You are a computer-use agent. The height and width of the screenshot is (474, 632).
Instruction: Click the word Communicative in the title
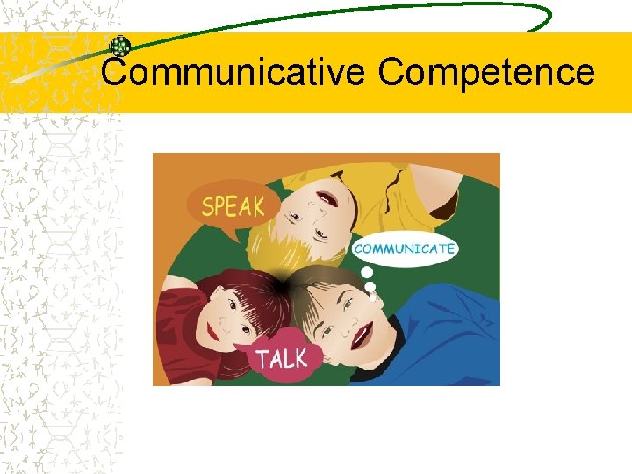pos(232,71)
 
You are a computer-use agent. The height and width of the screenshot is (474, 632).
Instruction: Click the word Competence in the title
pos(486,71)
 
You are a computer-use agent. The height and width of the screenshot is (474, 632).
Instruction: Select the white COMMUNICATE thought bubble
pos(405,248)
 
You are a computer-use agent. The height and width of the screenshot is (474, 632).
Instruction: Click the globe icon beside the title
pos(119,47)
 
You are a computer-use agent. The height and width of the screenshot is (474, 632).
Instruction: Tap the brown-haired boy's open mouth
pos(362,334)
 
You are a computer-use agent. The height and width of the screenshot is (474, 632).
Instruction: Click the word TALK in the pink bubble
pos(282,358)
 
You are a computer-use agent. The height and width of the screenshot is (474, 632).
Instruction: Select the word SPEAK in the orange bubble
pos(233,207)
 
